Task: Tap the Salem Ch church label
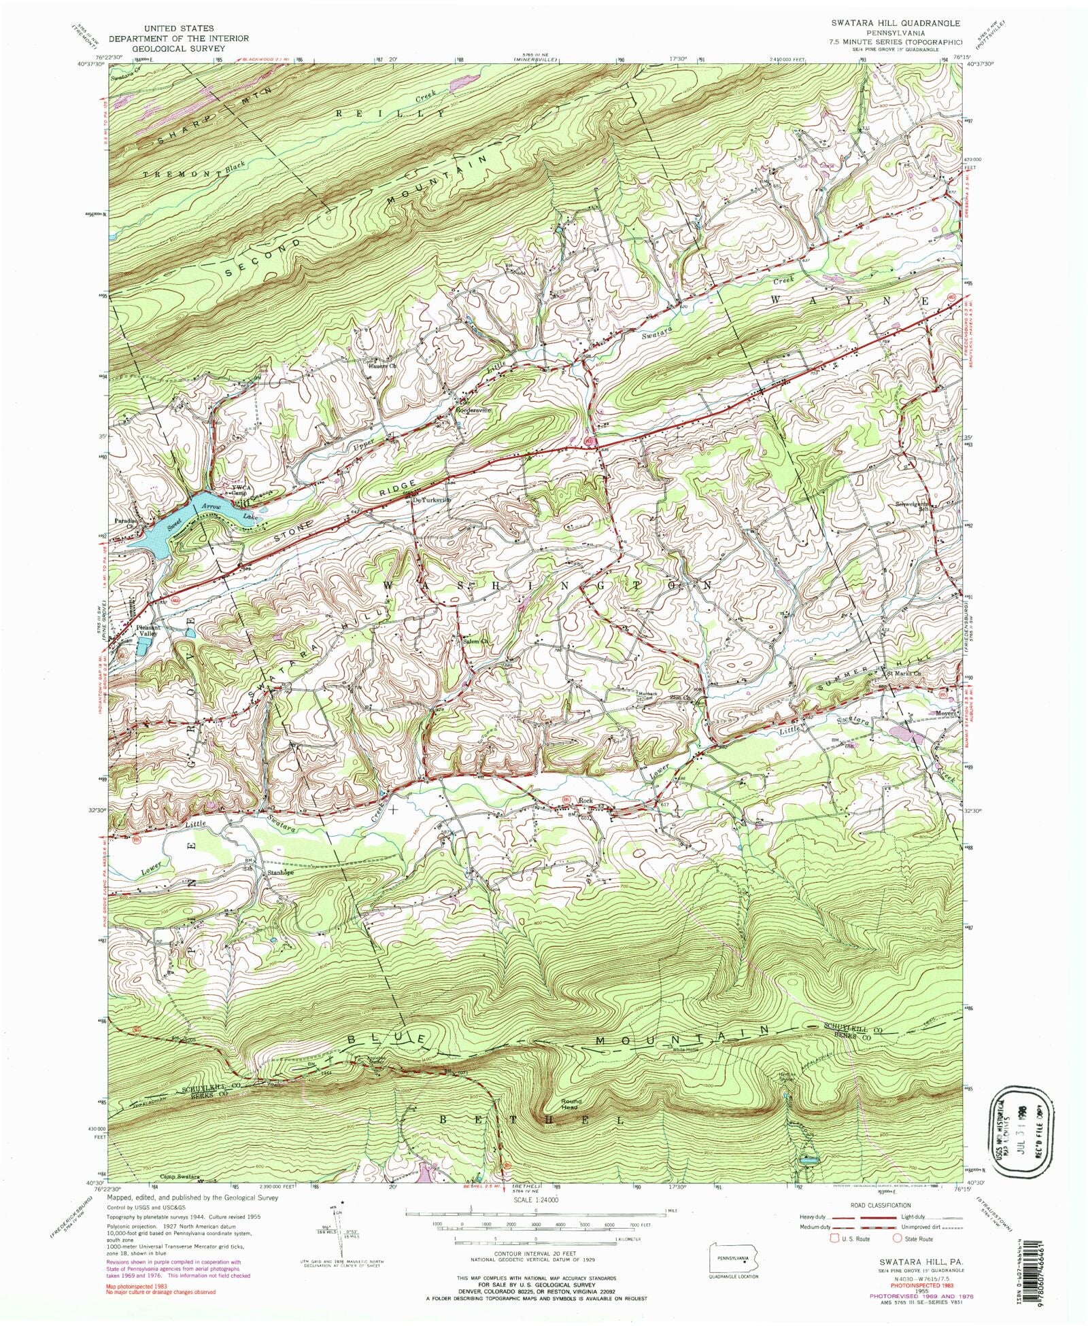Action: (x=475, y=640)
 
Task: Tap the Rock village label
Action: (x=586, y=801)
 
